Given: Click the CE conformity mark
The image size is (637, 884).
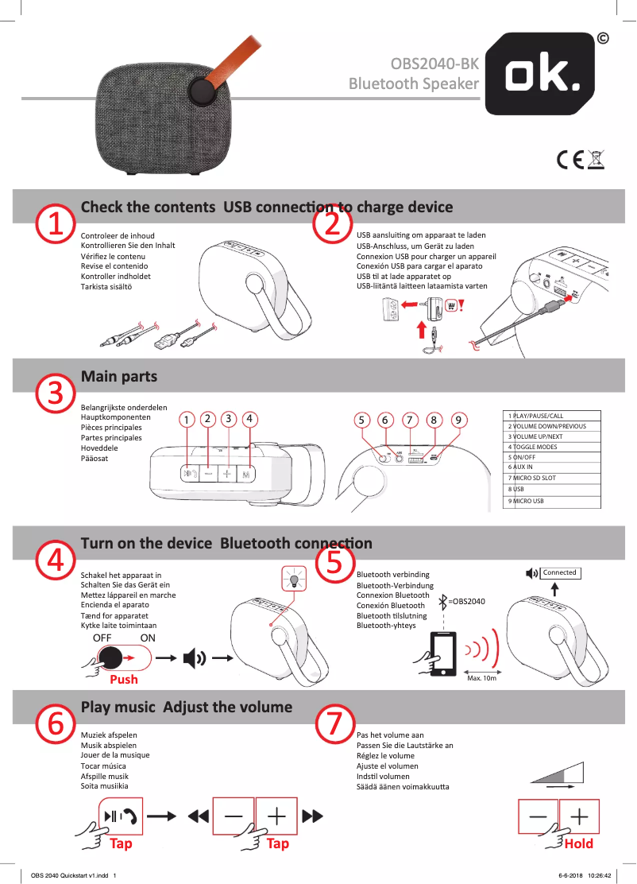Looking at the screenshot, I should (x=570, y=161).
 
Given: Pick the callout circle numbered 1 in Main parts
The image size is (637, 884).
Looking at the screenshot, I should (x=185, y=419).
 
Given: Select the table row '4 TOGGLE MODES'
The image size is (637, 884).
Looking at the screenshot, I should (x=552, y=447).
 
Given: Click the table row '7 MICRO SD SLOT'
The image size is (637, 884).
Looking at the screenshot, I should (x=552, y=478).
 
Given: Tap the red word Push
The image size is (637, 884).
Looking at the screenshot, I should (x=123, y=680).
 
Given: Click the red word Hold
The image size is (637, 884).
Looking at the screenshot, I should (x=578, y=843).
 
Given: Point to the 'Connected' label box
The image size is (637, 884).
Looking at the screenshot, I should (x=559, y=572).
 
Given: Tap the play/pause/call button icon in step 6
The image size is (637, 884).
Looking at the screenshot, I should (x=118, y=816).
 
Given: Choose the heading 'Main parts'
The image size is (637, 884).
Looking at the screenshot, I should (x=119, y=376).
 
